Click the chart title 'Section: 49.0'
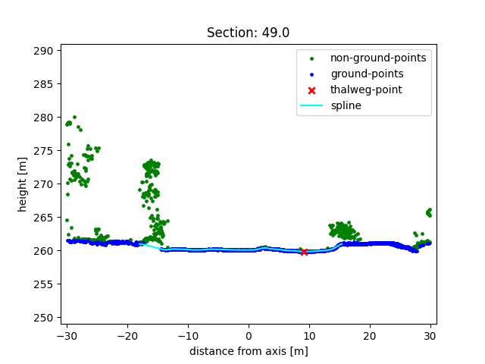click(x=248, y=33)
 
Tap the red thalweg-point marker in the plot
click(x=304, y=251)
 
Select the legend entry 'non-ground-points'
click(x=377, y=58)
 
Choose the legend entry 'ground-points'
click(x=366, y=74)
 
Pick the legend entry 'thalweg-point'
click(x=366, y=89)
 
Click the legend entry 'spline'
click(x=346, y=105)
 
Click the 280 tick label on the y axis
click(x=45, y=118)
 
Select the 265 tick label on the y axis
click(x=45, y=218)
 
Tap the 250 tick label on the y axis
click(x=45, y=318)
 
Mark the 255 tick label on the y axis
click(x=45, y=284)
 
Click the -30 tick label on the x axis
click(x=67, y=336)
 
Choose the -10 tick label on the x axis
click(x=188, y=336)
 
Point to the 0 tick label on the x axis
click(x=249, y=336)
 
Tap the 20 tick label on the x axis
click(x=370, y=336)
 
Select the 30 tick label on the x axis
click(x=430, y=336)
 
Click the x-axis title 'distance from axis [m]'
click(x=248, y=351)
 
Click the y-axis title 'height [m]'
click(x=23, y=185)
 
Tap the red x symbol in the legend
click(x=311, y=89)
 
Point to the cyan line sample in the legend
click(x=311, y=105)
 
